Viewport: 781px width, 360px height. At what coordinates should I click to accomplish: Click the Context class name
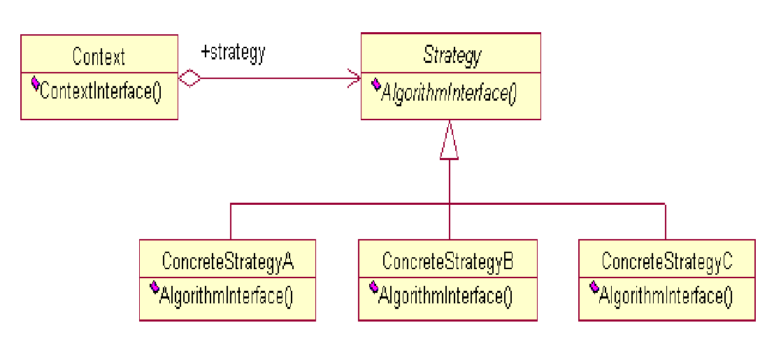pos(99,57)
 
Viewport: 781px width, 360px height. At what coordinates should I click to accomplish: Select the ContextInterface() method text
pos(101,91)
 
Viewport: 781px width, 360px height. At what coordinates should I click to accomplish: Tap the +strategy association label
pos(233,52)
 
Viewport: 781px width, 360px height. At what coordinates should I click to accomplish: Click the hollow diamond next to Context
pos(189,78)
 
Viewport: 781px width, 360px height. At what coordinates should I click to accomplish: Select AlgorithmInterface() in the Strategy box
pos(448,93)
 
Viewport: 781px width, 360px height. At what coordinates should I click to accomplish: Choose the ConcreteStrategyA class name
pos(228,262)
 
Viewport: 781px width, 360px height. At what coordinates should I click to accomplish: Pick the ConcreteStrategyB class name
pos(447,261)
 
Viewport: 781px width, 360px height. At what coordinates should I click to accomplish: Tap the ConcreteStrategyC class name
pos(667,262)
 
